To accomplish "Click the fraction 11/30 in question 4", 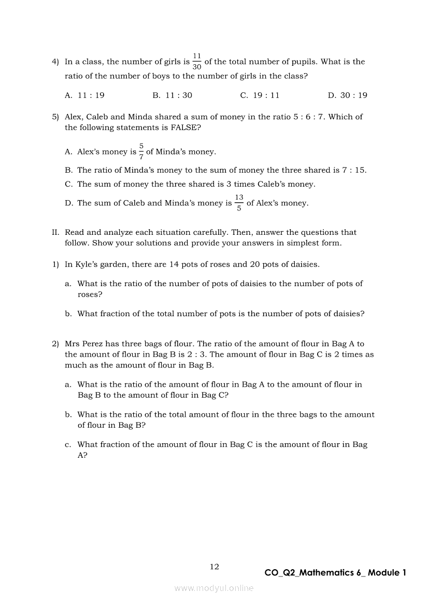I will pos(197,61).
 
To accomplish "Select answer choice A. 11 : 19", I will pos(84,95).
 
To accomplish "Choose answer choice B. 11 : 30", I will pos(172,95).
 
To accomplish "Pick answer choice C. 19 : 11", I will pos(260,95).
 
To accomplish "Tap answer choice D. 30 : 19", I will pos(347,95).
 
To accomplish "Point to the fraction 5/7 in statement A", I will pos(141,151).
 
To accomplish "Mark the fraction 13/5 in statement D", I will pos(239,203).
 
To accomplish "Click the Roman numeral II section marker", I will pos(55,233).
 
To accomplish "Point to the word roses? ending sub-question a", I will pos(90,295).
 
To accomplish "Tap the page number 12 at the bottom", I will pos(214,567).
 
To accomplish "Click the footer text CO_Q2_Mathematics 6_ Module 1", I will pos(335,573).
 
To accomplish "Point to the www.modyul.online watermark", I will pos(214,588).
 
